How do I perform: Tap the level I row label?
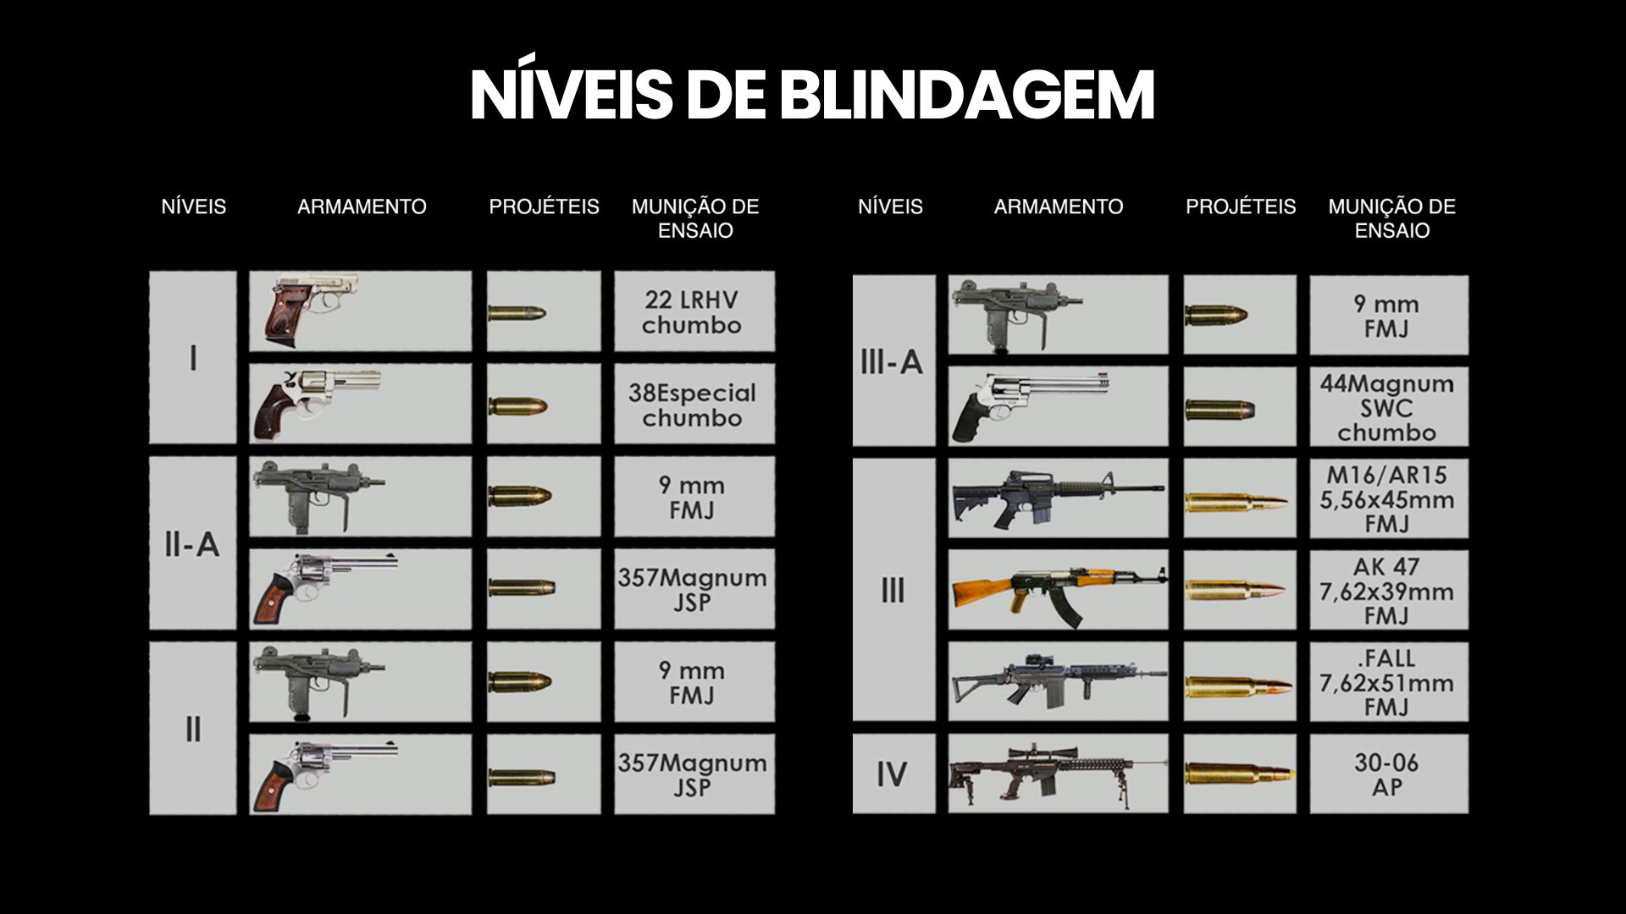pyautogui.click(x=193, y=358)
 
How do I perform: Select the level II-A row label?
pyautogui.click(x=193, y=543)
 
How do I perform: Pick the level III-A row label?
pyautogui.click(x=893, y=361)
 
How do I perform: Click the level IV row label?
pyautogui.click(x=893, y=774)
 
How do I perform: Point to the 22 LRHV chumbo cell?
pyautogui.click(x=694, y=311)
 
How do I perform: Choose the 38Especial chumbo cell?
pyautogui.click(x=694, y=405)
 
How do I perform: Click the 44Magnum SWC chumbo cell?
pyautogui.click(x=1389, y=407)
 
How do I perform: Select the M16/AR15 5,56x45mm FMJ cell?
pyautogui.click(x=1389, y=498)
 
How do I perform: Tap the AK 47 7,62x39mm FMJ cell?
pyautogui.click(x=1389, y=590)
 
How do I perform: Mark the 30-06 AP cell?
pyautogui.click(x=1389, y=774)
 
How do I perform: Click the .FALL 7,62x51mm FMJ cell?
pyautogui.click(x=1389, y=681)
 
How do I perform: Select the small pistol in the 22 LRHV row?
pyautogui.click(x=310, y=308)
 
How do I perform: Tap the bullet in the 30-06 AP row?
pyautogui.click(x=1239, y=774)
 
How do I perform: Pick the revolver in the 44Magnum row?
pyautogui.click(x=1029, y=405)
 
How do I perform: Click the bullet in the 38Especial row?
pyautogui.click(x=518, y=405)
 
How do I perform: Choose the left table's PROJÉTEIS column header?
pyautogui.click(x=544, y=206)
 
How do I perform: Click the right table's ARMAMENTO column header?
pyautogui.click(x=1059, y=206)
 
